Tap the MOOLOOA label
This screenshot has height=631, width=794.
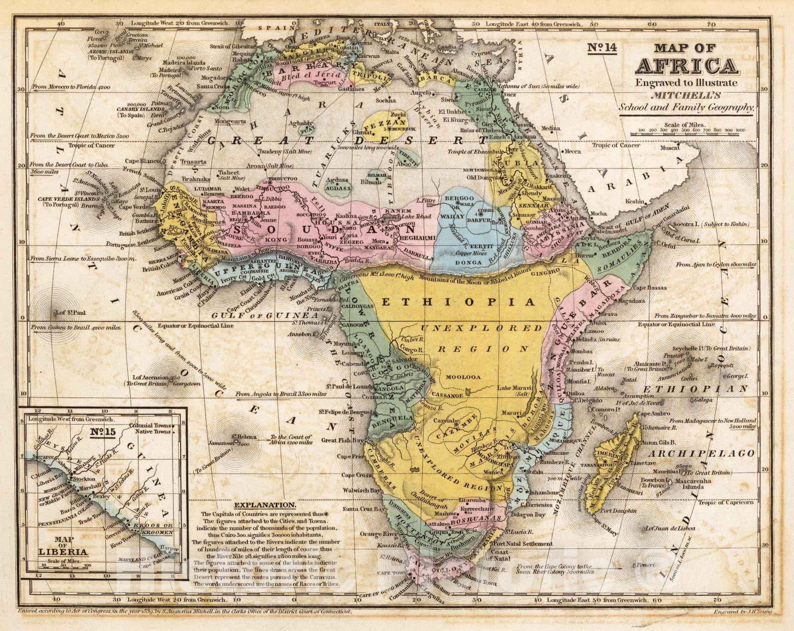pyautogui.click(x=463, y=377)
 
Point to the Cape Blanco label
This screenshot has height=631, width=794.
pyautogui.click(x=141, y=161)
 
